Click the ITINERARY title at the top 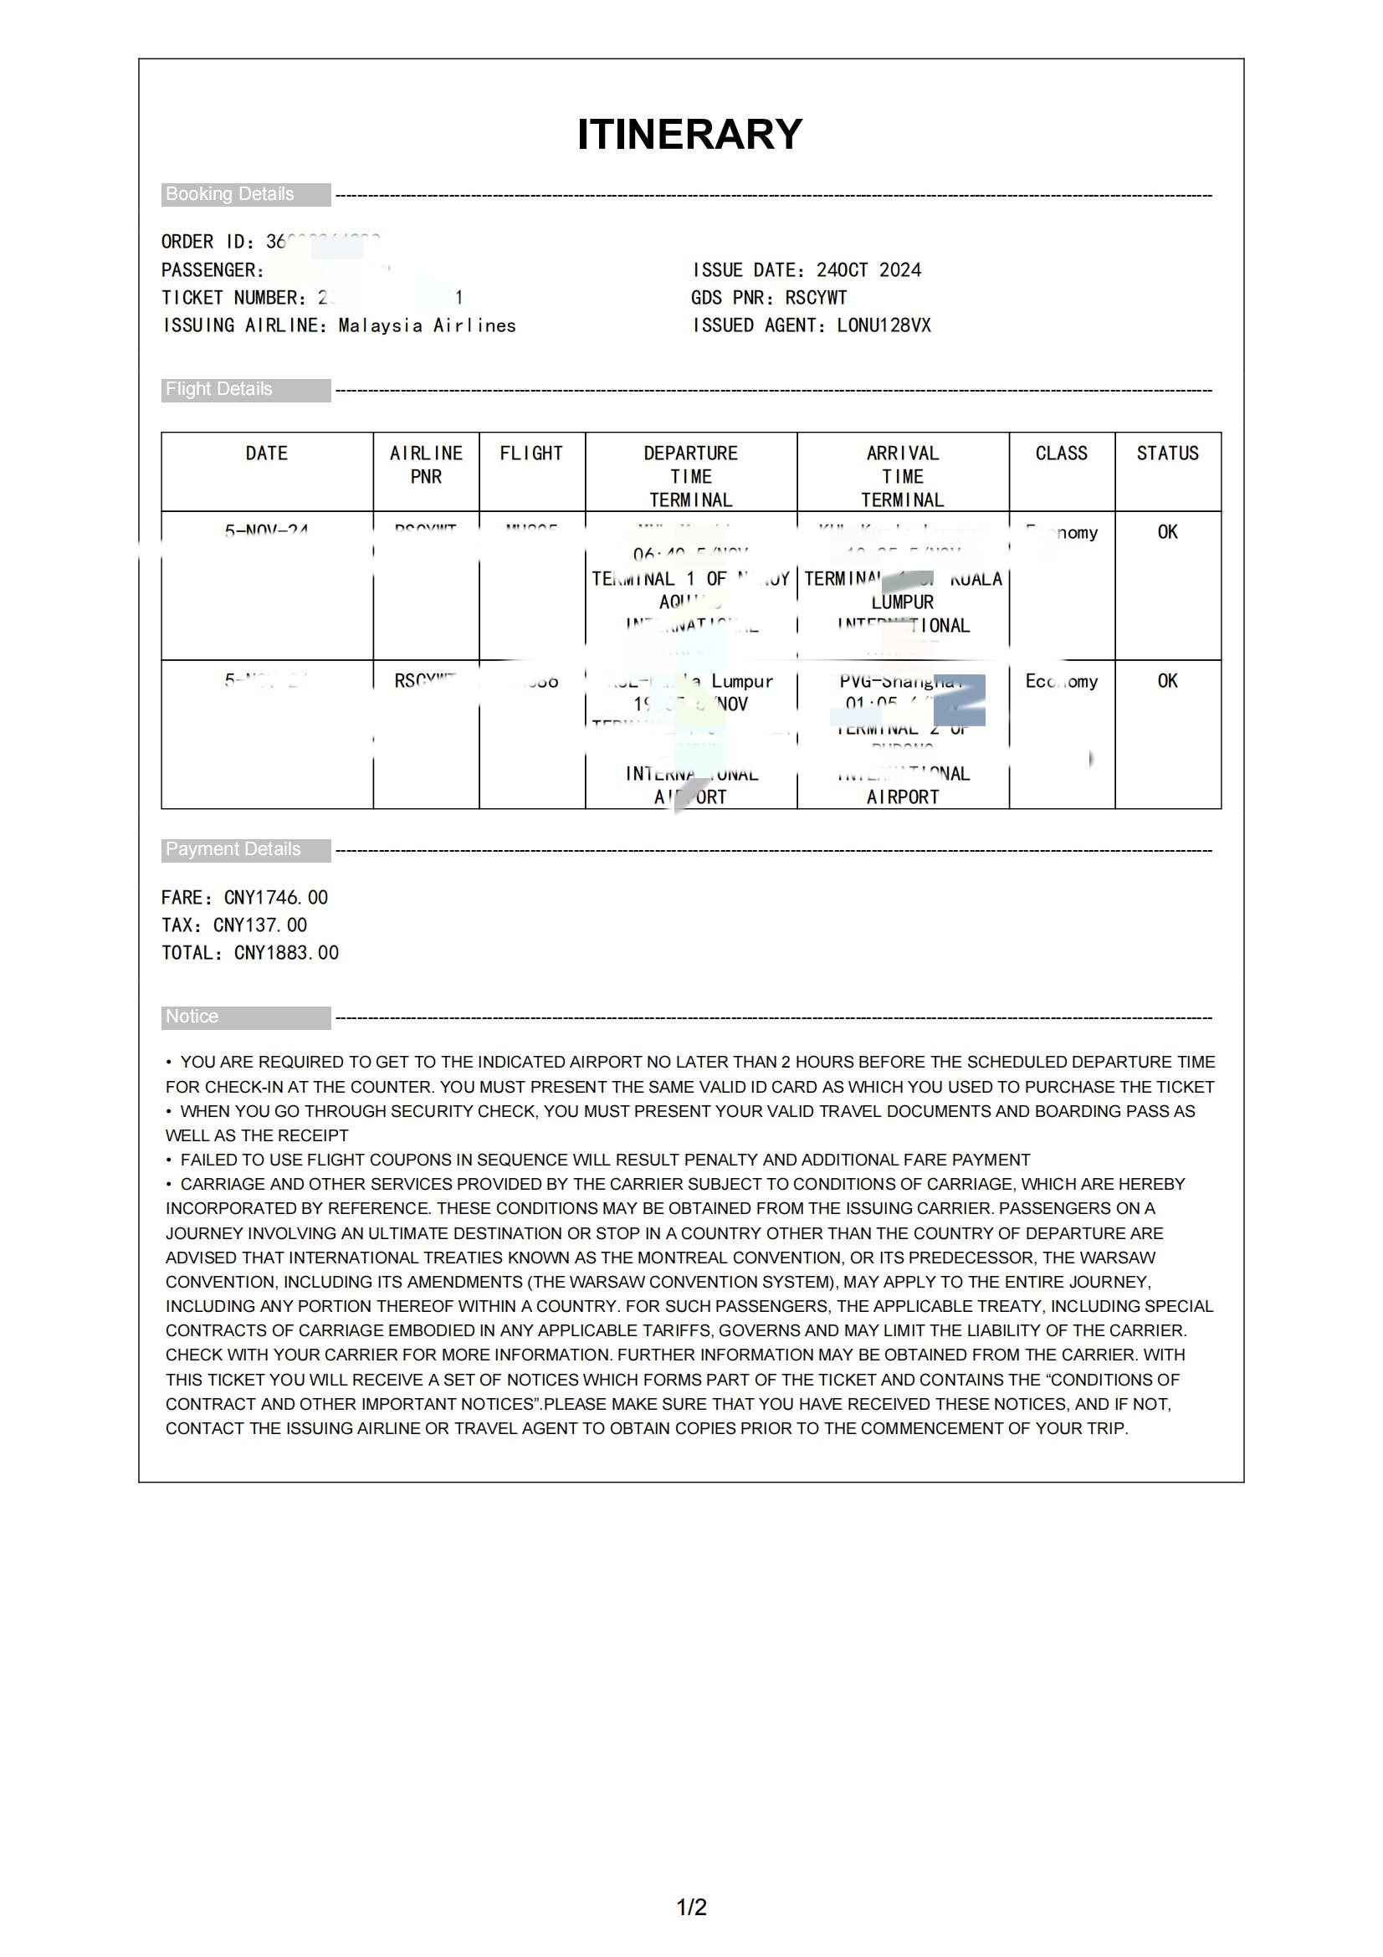(x=689, y=134)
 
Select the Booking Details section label (x=230, y=194)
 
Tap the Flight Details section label (x=219, y=390)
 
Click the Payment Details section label (x=233, y=849)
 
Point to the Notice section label (x=192, y=1016)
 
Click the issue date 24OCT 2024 (x=868, y=270)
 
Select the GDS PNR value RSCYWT (x=816, y=298)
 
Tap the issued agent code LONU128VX (x=884, y=325)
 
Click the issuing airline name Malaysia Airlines (x=427, y=325)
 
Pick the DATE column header (x=267, y=453)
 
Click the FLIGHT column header (x=532, y=453)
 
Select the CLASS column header (x=1061, y=453)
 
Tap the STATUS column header (x=1167, y=453)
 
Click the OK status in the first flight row (x=1167, y=532)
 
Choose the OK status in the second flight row (x=1167, y=681)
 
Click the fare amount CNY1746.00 (x=276, y=898)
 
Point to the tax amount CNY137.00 (x=260, y=925)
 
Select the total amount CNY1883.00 (x=286, y=953)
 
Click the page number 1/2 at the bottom (x=691, y=1907)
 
